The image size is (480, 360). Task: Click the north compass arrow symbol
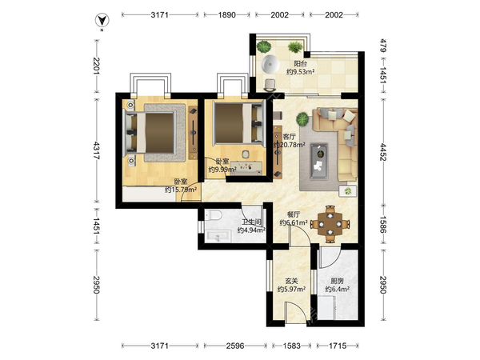[102, 21]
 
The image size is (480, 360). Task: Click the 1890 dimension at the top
[227, 14]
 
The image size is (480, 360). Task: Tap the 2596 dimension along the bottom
[235, 346]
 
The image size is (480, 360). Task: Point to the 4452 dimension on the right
[383, 152]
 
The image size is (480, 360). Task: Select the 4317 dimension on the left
[96, 150]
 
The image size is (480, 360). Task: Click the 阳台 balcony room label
[300, 64]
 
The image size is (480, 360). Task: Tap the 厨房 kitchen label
[337, 281]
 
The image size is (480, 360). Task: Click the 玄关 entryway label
[291, 281]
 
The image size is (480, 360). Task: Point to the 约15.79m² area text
[181, 190]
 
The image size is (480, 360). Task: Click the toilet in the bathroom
[213, 215]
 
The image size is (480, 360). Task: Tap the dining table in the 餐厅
[330, 224]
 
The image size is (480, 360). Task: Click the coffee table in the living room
[319, 162]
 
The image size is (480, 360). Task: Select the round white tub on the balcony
[270, 64]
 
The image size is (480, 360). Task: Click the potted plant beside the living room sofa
[302, 118]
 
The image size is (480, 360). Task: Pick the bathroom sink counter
[218, 236]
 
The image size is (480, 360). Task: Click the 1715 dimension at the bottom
[338, 346]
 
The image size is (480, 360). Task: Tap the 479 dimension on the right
[383, 46]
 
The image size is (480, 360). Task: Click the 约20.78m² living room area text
[290, 145]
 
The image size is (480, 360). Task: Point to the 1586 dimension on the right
[383, 224]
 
